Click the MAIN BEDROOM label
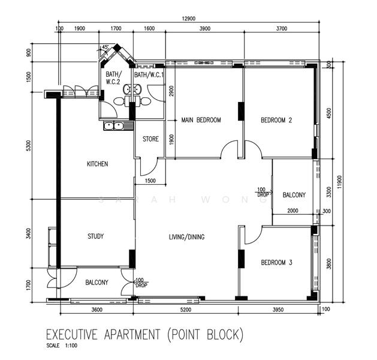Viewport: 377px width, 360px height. click(201, 120)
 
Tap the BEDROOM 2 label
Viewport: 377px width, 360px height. click(276, 120)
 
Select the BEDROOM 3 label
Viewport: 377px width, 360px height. click(276, 263)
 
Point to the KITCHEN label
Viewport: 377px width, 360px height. click(97, 164)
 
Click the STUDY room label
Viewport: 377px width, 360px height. click(95, 236)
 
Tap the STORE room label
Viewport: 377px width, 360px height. click(150, 139)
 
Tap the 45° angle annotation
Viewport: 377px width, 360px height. click(105, 47)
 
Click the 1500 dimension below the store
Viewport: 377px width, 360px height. click(150, 181)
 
